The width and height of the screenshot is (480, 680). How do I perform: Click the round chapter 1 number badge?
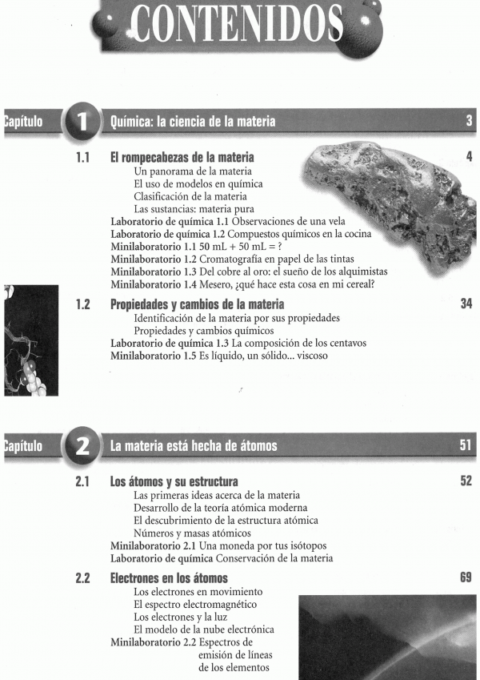[84, 122]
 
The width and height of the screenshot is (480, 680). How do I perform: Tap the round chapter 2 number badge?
[84, 446]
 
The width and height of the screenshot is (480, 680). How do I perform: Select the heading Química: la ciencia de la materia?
[193, 122]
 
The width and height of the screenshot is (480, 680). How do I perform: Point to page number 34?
[466, 304]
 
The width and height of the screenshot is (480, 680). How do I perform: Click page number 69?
[466, 577]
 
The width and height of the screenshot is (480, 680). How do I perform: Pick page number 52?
[466, 481]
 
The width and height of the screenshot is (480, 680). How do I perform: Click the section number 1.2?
[82, 304]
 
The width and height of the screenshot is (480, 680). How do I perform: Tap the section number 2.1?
[82, 481]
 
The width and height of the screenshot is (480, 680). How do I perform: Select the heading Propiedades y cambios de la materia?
[197, 305]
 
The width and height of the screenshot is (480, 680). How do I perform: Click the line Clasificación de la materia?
[190, 196]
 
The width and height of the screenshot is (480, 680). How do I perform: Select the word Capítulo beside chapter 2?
[22, 446]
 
